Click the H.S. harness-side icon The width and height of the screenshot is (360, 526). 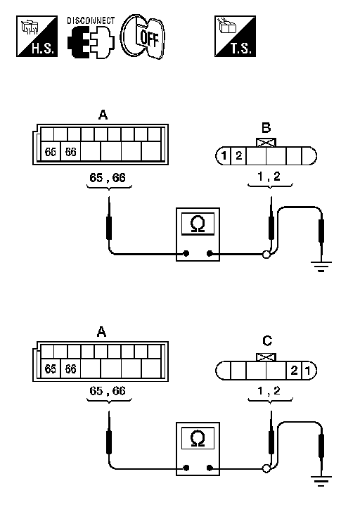pos(37,37)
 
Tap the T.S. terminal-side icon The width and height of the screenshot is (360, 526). pos(235,37)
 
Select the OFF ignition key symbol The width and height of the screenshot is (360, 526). pos(143,37)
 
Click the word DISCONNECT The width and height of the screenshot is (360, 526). pos(91,21)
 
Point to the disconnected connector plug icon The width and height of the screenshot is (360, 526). pos(91,43)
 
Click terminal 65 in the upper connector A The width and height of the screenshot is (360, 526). pos(51,152)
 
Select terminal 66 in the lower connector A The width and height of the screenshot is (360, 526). pos(70,369)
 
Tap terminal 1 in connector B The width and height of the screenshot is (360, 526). pos(224,155)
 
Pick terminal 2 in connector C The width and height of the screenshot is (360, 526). pos(294,371)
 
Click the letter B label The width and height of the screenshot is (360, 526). pos(266,128)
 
